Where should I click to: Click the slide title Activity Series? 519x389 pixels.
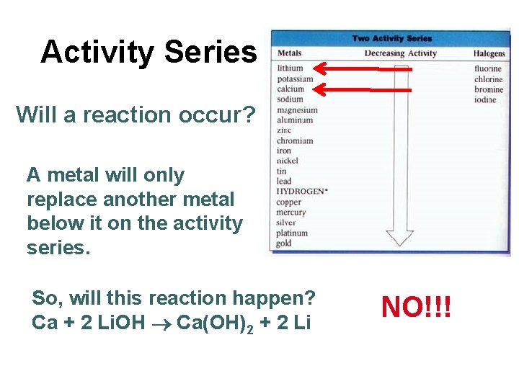[x=148, y=52]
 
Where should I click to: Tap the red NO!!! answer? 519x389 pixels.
[x=417, y=307]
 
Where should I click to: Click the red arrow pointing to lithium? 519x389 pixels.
[x=364, y=69]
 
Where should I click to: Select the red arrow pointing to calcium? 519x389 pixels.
[x=364, y=89]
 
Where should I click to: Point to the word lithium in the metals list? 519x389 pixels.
[x=290, y=68]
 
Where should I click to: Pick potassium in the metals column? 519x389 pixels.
[x=295, y=79]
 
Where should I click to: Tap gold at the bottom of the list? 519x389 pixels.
[x=284, y=243]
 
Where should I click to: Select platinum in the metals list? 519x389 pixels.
[x=292, y=233]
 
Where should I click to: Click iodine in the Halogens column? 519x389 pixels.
[x=485, y=99]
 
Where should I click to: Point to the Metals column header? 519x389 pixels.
[x=290, y=53]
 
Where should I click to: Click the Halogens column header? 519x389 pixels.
[x=489, y=53]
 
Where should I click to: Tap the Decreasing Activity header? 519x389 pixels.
[x=400, y=53]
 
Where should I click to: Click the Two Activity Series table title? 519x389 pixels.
[x=392, y=38]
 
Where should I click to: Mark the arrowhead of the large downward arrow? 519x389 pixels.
[x=399, y=238]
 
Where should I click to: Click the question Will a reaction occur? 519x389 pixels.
[x=135, y=114]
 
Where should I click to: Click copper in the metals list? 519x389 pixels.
[x=288, y=202]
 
